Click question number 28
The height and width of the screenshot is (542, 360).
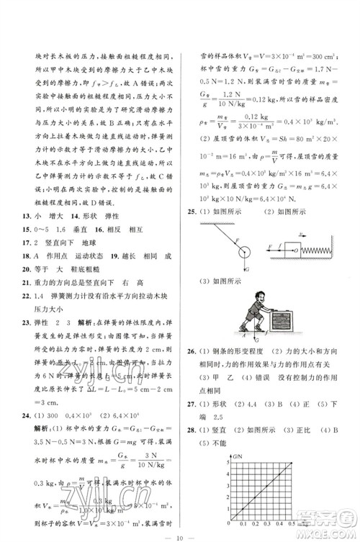(192, 430)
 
